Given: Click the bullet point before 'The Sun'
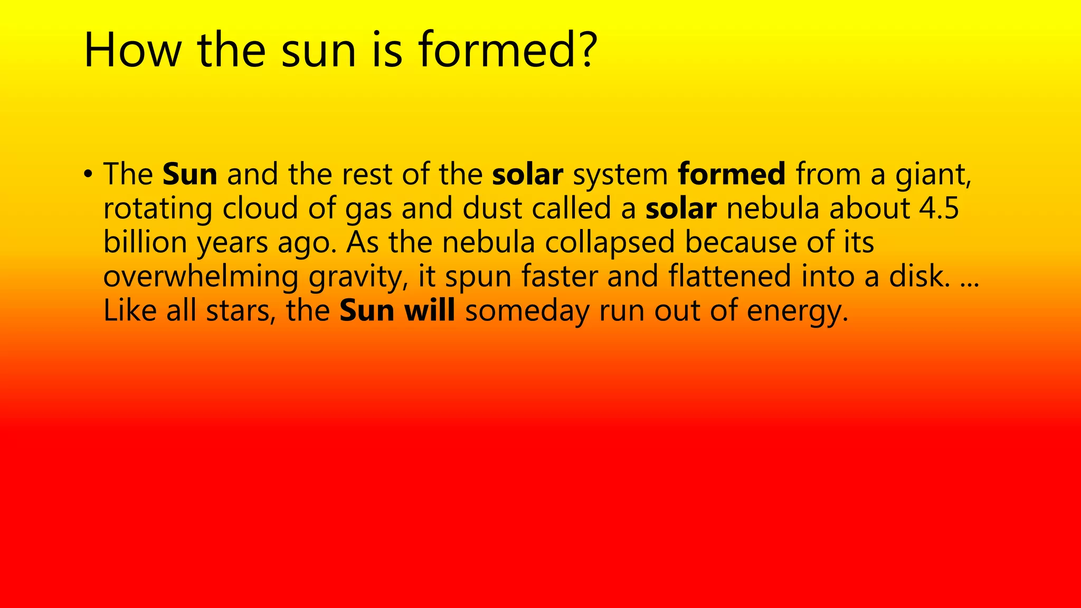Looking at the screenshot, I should [x=88, y=174].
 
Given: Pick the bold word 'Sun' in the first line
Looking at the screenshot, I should [x=190, y=174].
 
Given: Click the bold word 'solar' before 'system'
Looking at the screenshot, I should [x=527, y=174].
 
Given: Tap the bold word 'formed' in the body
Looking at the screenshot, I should [x=732, y=174].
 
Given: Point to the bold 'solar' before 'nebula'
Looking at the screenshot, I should [x=681, y=208].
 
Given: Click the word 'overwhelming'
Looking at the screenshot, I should [x=201, y=277].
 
